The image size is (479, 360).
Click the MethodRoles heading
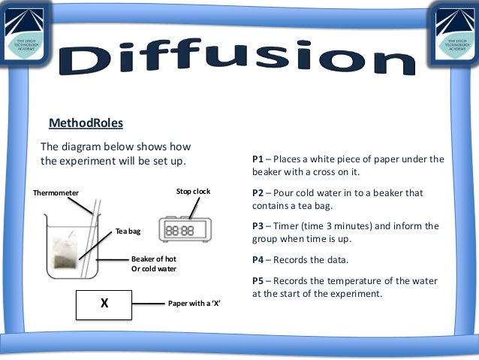tap(86, 123)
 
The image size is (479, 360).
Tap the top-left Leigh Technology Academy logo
tap(29, 30)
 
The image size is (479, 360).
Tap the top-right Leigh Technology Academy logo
tap(450, 30)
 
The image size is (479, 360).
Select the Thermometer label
tap(56, 193)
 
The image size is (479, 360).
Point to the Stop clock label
tap(193, 192)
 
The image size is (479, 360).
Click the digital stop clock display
tap(179, 231)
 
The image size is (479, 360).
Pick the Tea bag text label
tap(128, 231)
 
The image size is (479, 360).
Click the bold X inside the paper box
tap(104, 304)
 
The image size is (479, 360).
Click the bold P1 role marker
tap(258, 159)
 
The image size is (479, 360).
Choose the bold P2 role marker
tap(258, 193)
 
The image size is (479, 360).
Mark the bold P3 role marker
tap(258, 226)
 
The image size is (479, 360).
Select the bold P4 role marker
tap(258, 260)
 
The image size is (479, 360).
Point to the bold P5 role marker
tap(258, 281)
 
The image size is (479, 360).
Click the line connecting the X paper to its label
tap(148, 304)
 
